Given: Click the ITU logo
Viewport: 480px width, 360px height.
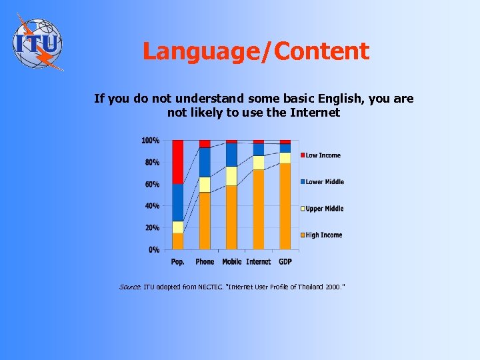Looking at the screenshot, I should pos(38,42).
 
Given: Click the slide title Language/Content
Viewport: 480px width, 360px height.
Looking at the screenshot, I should pos(256,51).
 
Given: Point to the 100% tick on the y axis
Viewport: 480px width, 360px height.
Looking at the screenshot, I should pos(150,141).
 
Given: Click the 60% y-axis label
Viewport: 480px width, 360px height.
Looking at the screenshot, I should pos(152,185).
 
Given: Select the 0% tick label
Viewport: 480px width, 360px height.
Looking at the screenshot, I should pos(154,250).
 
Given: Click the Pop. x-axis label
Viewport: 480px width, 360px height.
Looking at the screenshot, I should pos(178,262).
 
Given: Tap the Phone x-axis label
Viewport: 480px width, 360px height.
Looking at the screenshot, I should pos(205,262).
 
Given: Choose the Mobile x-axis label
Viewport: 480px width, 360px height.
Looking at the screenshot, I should pos(231,262).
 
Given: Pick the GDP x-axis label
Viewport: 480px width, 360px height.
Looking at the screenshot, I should pos(285,262).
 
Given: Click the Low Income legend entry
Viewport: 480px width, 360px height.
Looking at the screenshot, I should pos(323,156).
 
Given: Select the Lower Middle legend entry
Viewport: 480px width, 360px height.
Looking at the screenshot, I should pos(325,182).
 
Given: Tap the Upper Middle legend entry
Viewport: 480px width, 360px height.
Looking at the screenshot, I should pos(325,209).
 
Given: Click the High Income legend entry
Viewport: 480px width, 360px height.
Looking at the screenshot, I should pos(323,235).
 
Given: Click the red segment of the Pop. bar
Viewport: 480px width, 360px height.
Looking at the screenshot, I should pos(178,162).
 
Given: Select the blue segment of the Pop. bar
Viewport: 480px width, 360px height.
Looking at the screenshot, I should pos(178,203).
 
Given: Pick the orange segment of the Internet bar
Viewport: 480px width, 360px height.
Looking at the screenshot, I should pos(258,209).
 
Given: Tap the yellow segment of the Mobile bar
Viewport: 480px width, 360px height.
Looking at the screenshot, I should pos(231,176).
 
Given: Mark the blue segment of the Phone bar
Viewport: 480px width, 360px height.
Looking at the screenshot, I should pos(205,162).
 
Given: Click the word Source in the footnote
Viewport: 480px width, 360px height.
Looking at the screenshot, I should pos(130,287).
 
